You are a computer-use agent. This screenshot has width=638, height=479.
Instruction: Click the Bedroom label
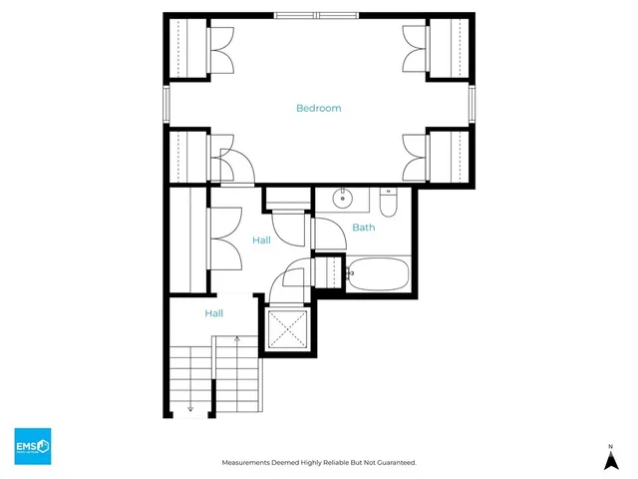(319, 108)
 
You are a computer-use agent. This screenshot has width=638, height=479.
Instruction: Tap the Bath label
(364, 228)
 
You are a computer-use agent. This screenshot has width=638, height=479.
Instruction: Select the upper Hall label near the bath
(261, 240)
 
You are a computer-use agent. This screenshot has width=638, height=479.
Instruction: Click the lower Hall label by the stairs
(213, 313)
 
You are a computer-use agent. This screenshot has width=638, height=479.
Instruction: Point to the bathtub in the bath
(377, 272)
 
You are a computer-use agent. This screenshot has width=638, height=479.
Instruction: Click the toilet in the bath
(389, 204)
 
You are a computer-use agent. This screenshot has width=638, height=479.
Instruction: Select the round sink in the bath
(343, 198)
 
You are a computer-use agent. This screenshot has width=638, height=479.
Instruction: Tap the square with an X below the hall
(286, 327)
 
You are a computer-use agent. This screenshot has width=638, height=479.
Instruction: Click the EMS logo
(32, 445)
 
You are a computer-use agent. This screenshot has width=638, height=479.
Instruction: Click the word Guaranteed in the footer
(393, 463)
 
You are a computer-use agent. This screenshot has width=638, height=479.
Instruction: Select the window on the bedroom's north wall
(319, 15)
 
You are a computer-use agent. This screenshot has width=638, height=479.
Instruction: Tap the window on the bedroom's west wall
(166, 103)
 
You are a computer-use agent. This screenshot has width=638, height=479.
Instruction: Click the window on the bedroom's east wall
(473, 103)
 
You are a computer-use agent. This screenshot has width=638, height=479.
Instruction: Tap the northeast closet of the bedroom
(449, 48)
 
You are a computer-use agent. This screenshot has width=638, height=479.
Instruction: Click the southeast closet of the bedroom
(449, 156)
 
